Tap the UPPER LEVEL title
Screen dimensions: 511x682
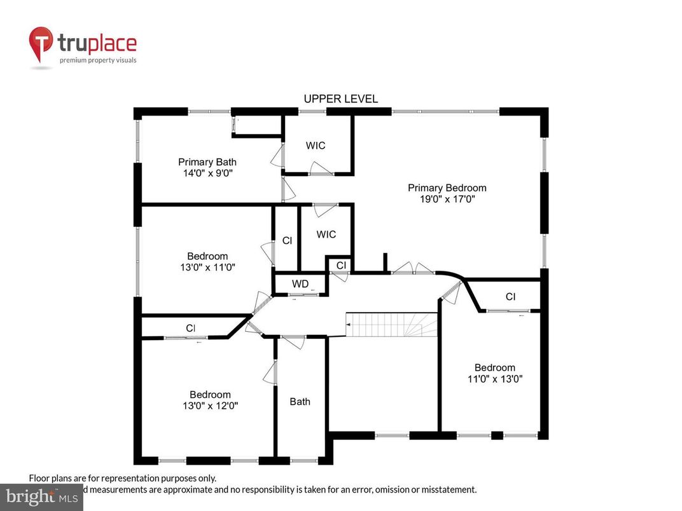pos(340,99)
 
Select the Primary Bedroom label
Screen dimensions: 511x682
pos(447,187)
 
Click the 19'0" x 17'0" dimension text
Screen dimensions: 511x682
pos(447,199)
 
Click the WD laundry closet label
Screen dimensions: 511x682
pos(300,283)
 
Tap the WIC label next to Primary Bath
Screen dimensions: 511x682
pos(316,146)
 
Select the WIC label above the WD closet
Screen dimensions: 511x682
pos(326,235)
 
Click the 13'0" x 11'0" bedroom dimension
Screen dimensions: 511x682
pos(207,268)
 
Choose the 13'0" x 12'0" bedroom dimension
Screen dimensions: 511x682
pos(210,405)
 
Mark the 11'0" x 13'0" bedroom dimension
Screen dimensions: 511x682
pos(494,379)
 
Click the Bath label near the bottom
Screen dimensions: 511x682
pos(300,401)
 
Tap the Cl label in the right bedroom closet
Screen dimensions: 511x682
pos(510,296)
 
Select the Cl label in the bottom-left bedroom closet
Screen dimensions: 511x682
pos(190,328)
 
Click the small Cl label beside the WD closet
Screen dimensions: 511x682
pos(341,264)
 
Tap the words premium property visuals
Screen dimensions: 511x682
pos(98,60)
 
